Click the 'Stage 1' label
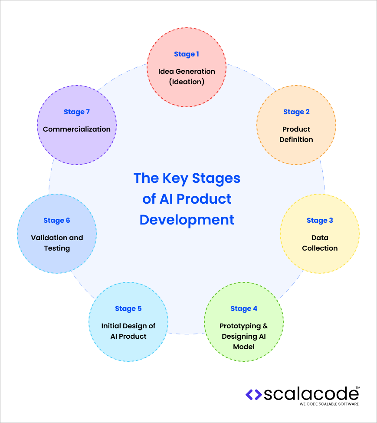187,54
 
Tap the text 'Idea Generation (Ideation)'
187,76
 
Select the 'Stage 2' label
296,112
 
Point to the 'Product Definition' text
296,134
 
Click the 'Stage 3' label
320,220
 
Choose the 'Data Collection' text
320,243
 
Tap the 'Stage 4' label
244,308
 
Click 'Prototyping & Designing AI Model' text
244,336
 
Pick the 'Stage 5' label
128,308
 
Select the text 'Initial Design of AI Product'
128,331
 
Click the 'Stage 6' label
57,220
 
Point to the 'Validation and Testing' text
57,243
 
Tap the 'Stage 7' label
77,112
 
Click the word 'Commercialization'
77,129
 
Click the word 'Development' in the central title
187,219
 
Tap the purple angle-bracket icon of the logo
254,394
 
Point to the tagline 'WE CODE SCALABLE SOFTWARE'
329,404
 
